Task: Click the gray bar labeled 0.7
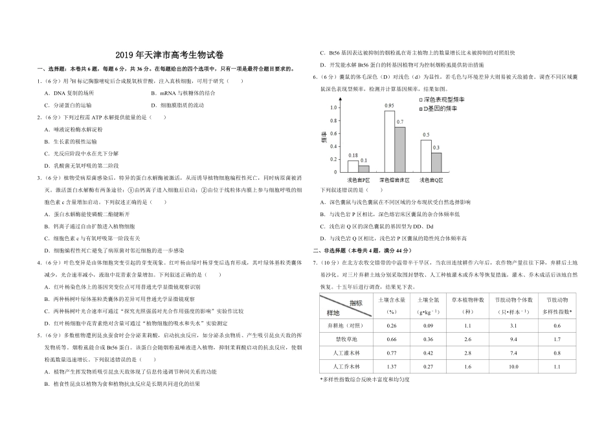click(400, 150)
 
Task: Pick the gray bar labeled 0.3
click(436, 162)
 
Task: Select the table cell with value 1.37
click(391, 366)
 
